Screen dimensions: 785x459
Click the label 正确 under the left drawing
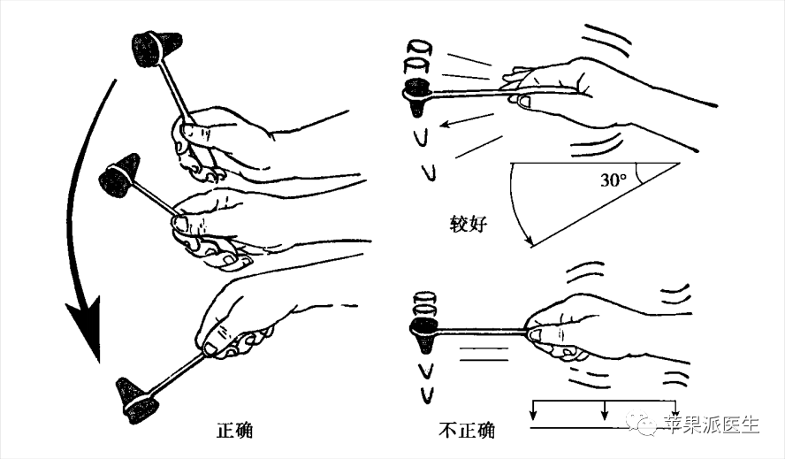click(x=234, y=431)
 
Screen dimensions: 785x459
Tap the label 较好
click(x=469, y=224)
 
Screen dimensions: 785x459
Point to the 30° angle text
click(x=614, y=180)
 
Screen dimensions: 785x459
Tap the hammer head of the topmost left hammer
click(x=156, y=49)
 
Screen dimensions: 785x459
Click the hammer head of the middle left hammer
click(x=119, y=175)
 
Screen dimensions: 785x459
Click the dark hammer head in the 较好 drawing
click(x=416, y=96)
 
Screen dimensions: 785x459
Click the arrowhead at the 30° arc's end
click(x=528, y=240)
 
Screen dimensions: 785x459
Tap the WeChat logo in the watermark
click(x=641, y=423)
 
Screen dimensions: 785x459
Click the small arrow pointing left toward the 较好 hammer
click(x=467, y=121)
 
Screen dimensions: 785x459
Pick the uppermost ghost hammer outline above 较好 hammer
click(x=419, y=48)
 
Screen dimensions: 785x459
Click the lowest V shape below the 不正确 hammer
click(x=427, y=395)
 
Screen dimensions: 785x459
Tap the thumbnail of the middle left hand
click(x=179, y=222)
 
